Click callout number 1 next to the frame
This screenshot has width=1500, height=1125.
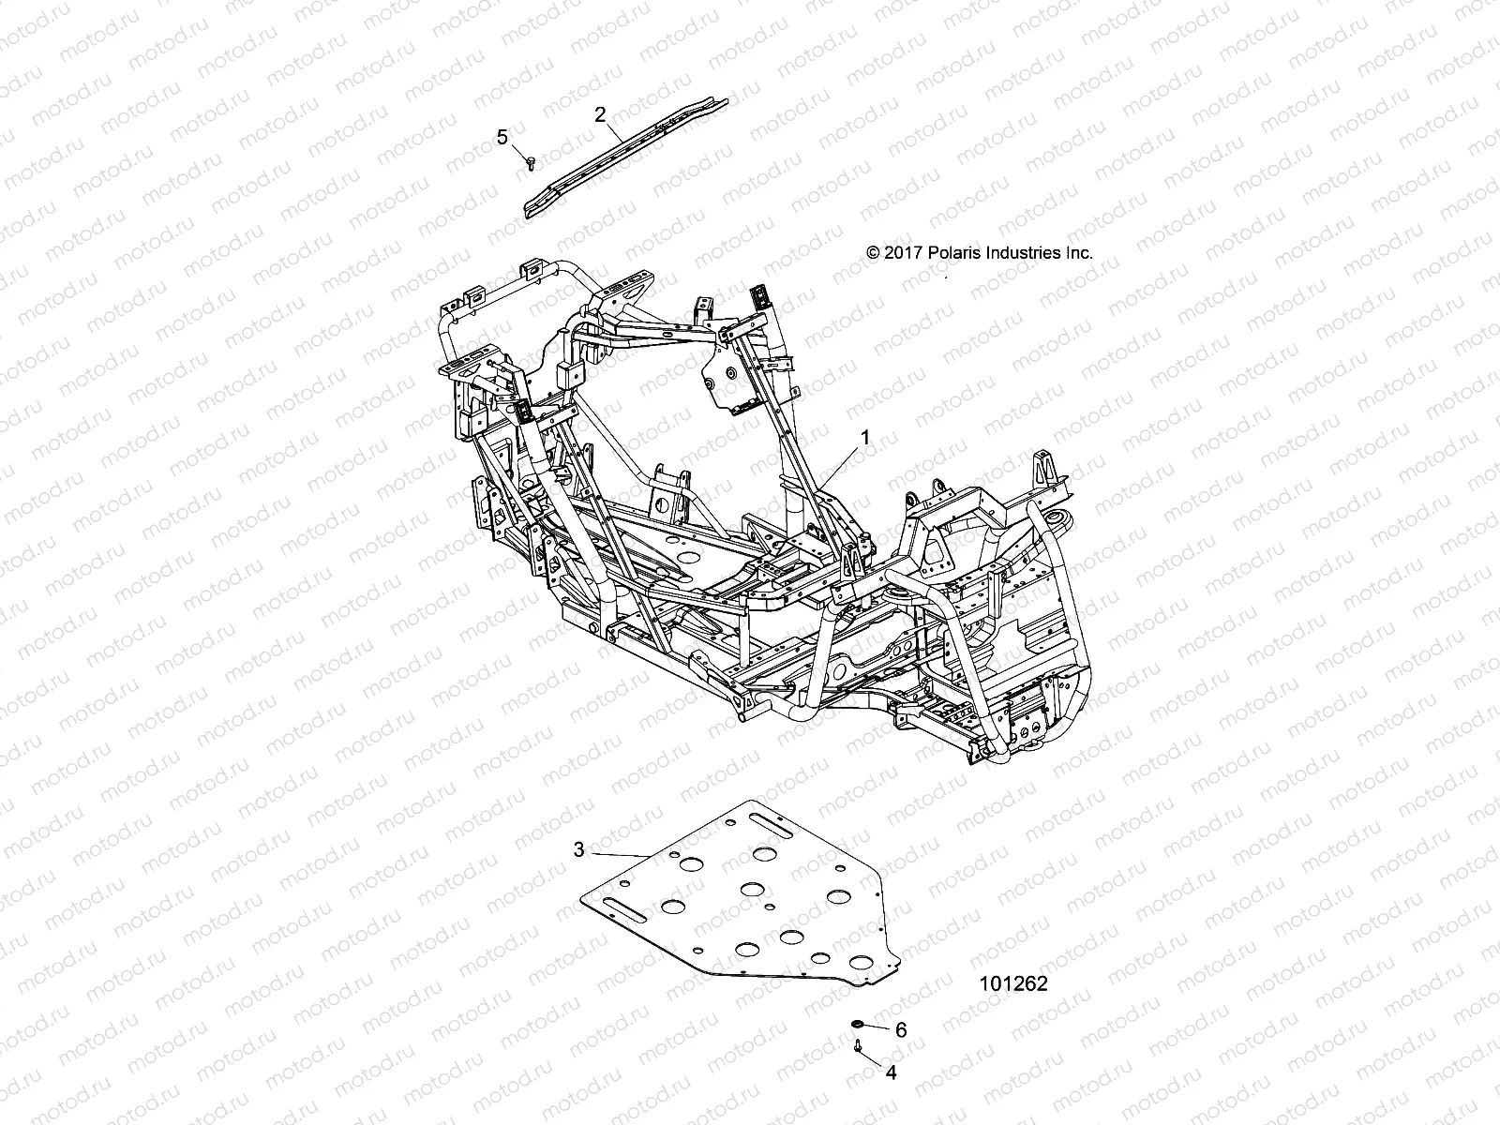coord(865,438)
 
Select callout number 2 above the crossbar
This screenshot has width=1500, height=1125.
coord(600,114)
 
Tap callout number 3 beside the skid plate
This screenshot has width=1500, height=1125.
coord(578,849)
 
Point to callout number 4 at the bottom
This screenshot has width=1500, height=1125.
coord(891,1073)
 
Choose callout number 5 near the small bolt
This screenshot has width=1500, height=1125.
coord(502,138)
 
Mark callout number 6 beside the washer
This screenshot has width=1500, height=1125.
coord(901,1030)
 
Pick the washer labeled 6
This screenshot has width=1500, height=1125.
coord(857,1024)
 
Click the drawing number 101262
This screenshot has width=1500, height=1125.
coord(1012,984)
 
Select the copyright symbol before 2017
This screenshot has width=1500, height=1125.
coord(873,253)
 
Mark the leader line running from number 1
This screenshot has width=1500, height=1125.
coord(839,462)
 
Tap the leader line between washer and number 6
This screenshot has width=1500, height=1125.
coord(877,1027)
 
